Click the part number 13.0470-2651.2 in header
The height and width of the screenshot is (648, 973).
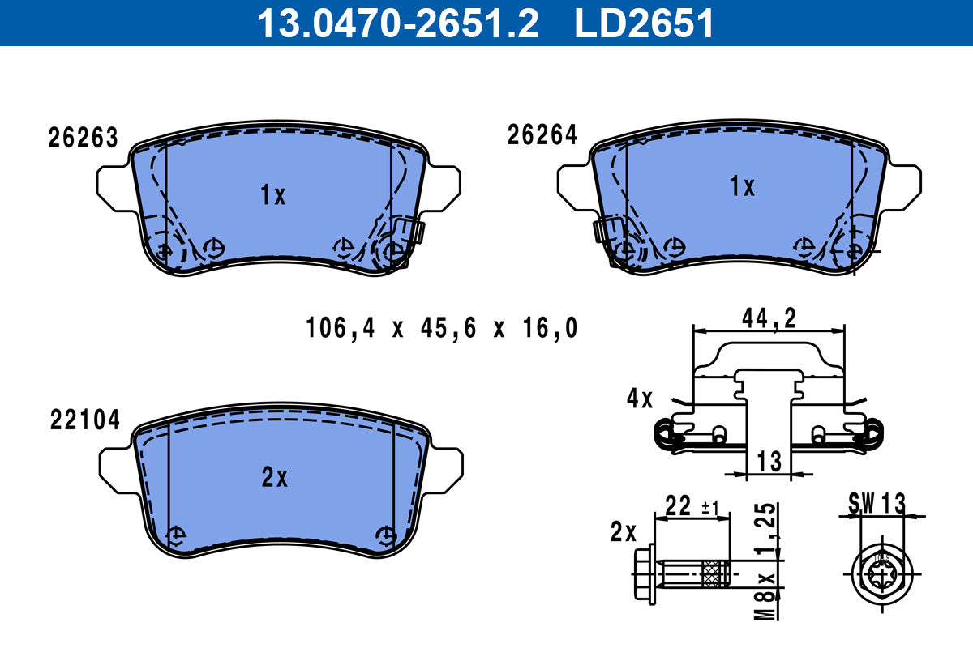tap(397, 23)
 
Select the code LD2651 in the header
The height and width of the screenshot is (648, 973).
tap(645, 23)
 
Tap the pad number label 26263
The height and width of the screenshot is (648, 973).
tap(84, 139)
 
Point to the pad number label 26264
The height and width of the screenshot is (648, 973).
tap(542, 135)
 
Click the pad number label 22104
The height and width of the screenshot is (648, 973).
tap(85, 420)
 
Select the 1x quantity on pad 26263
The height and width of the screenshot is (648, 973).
tap(273, 195)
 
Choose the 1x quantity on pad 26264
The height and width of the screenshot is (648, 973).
tap(742, 187)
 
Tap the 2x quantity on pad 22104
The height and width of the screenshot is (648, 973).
tap(275, 479)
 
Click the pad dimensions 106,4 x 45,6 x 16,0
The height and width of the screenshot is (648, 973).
tap(442, 329)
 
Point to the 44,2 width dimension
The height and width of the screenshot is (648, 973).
tap(769, 318)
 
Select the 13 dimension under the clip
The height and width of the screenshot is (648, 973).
tap(769, 461)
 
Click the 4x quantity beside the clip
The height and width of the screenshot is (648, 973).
tap(640, 399)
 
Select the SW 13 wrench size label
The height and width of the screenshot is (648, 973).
tap(877, 503)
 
